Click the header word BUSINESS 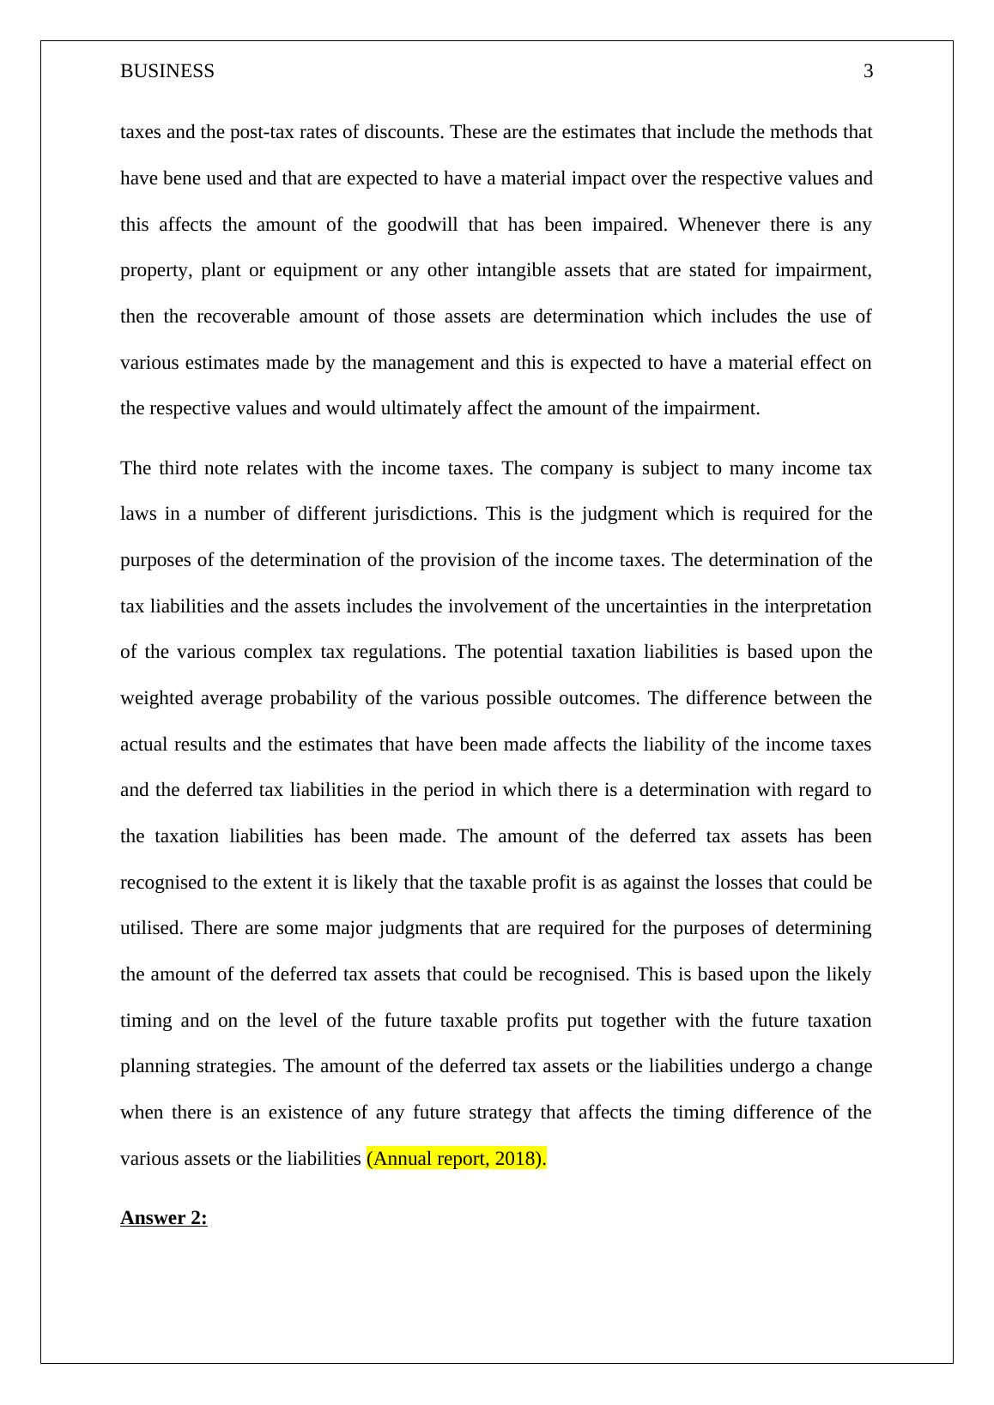pos(167,71)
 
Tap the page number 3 pos(868,71)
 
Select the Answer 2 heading pos(164,1218)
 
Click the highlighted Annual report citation pos(456,1159)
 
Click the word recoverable pos(243,317)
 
